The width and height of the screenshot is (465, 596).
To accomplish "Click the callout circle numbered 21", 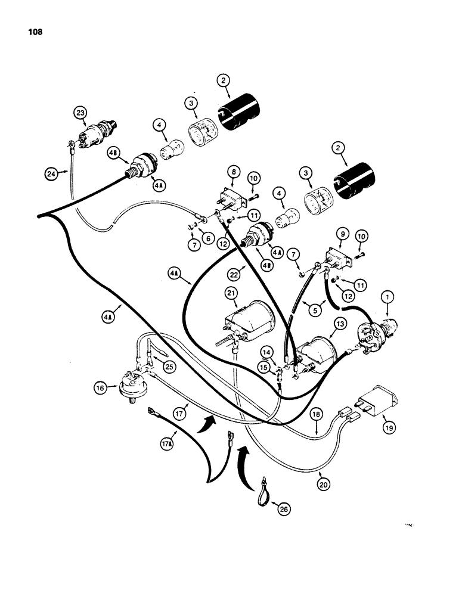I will [232, 293].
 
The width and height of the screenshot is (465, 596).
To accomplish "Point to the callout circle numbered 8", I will [231, 172].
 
